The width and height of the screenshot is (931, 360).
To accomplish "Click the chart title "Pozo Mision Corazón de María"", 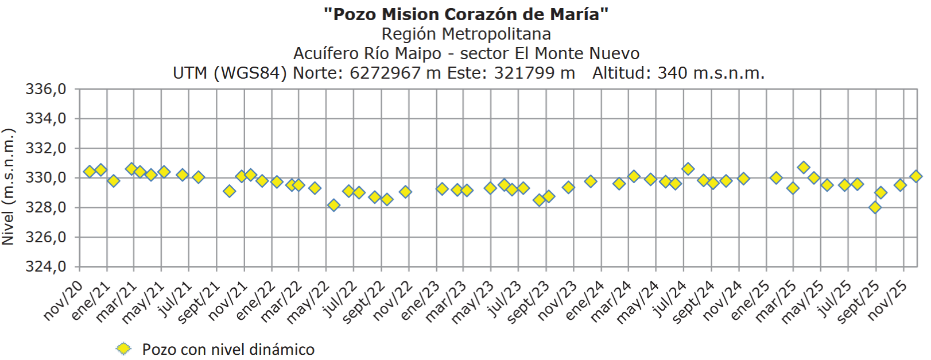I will pyautogui.click(x=465, y=14).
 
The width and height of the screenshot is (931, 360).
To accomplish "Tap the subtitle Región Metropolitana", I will pyautogui.click(x=465, y=34).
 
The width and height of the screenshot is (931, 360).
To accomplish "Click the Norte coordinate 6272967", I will pyautogui.click(x=385, y=73).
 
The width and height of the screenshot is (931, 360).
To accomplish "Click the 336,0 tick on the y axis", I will pyautogui.click(x=46, y=90).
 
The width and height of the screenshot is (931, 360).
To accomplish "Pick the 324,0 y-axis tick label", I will pyautogui.click(x=46, y=267).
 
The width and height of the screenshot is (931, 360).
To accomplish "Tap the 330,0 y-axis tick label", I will pyautogui.click(x=46, y=178).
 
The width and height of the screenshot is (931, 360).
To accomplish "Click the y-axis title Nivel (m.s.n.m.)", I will pyautogui.click(x=8, y=187).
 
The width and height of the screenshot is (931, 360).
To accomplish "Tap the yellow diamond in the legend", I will pyautogui.click(x=123, y=349).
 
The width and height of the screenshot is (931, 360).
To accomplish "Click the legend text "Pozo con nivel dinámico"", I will pyautogui.click(x=228, y=349).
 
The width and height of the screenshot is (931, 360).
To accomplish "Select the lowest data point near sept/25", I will pyautogui.click(x=875, y=207).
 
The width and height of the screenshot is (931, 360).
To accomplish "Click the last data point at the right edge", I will pyautogui.click(x=916, y=176).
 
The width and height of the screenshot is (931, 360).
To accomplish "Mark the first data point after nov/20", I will pyautogui.click(x=90, y=171).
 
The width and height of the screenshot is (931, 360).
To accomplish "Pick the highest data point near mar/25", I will pyautogui.click(x=804, y=168).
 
